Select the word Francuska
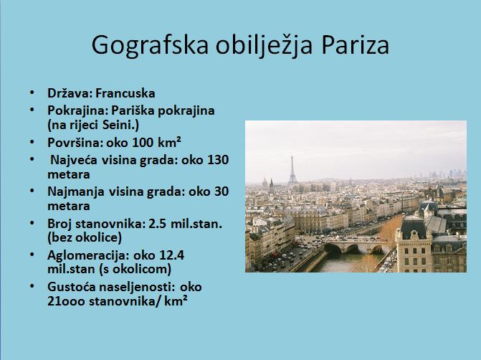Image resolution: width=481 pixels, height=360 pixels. [125, 93]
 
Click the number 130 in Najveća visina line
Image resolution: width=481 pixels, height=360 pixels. [218, 160]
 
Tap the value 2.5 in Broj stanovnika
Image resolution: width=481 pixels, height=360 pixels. [158, 224]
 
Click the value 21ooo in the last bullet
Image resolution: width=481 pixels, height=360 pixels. [66, 301]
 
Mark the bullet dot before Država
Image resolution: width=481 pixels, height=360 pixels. [32, 92]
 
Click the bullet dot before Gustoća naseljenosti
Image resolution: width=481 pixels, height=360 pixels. [32, 285]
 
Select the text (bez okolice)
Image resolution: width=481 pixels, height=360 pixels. [85, 237]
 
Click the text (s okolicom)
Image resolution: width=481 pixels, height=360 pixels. [135, 269]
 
